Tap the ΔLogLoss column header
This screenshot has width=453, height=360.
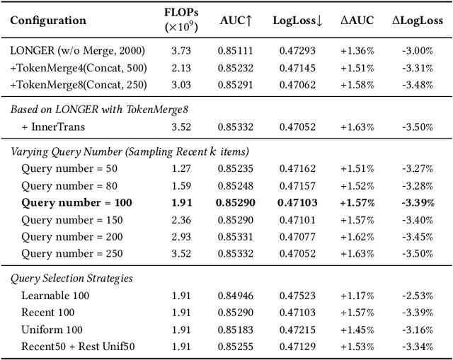(418, 20)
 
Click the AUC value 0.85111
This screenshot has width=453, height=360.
(236, 50)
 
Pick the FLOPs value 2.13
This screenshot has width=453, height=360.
(180, 67)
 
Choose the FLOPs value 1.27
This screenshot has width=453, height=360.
(180, 169)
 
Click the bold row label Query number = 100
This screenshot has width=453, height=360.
(76, 203)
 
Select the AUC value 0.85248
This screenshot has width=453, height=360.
(236, 186)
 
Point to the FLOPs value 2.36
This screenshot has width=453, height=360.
(180, 220)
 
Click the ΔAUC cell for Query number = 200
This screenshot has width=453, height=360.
(354, 237)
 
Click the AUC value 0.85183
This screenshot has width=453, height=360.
(236, 330)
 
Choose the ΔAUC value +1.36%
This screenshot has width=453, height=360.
(354, 50)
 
